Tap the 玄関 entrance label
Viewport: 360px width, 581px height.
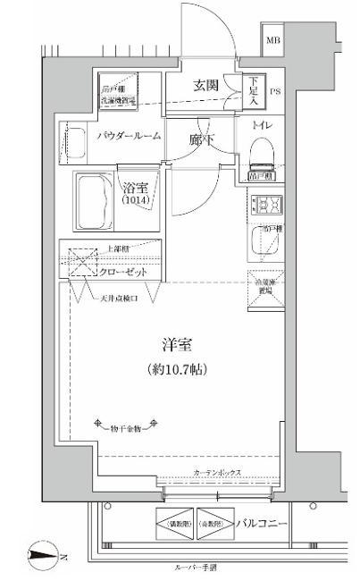tap(205, 86)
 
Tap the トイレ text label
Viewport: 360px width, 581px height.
tap(264, 126)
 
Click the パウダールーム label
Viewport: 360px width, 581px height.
tap(129, 135)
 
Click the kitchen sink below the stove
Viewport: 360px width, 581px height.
tap(264, 239)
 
